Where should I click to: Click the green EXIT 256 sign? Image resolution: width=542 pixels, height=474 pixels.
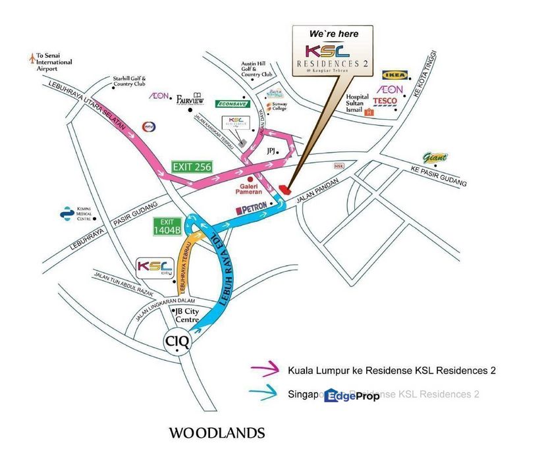point(191,167)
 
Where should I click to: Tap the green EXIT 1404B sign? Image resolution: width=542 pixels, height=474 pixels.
point(167,226)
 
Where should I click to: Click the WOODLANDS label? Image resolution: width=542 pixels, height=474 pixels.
point(217,433)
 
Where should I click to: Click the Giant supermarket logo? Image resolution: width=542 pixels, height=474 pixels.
point(436,158)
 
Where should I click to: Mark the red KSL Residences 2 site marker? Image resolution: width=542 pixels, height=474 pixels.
point(285,189)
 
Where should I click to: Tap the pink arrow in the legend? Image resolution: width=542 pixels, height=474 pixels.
point(266,371)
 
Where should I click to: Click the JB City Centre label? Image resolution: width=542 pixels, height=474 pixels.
point(187,315)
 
